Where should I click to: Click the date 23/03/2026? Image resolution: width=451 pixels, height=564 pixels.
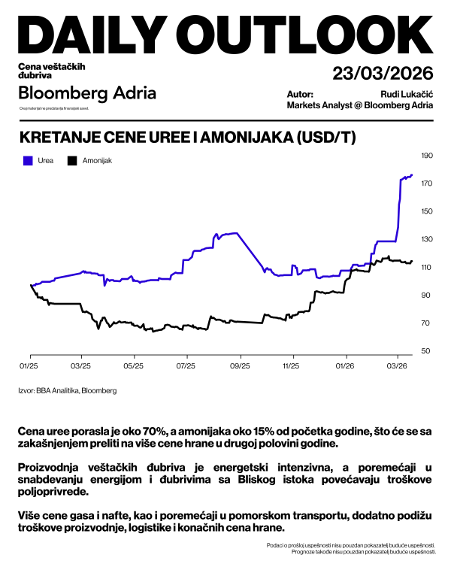[383, 74]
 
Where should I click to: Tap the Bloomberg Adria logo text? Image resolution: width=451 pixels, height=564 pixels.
[87, 93]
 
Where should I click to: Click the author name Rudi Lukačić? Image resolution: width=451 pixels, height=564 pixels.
[407, 94]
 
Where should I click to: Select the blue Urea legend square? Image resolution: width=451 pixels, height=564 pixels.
[28, 160]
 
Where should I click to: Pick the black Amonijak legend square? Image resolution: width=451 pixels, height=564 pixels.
[72, 160]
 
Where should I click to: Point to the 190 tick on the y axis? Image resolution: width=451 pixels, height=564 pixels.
[428, 156]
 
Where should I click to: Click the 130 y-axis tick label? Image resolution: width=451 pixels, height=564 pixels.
[428, 239]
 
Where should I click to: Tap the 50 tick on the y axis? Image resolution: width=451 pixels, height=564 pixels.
[426, 351]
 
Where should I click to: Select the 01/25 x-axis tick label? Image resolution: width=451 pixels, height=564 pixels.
[29, 365]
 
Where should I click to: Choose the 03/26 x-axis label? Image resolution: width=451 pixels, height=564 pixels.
[397, 365]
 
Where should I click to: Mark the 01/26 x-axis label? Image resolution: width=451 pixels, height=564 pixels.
[345, 365]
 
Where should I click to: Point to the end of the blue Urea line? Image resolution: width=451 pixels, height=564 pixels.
[412, 174]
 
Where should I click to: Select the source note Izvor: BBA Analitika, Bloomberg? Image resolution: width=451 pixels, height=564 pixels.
[68, 390]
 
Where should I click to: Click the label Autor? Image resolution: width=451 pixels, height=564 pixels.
[300, 94]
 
